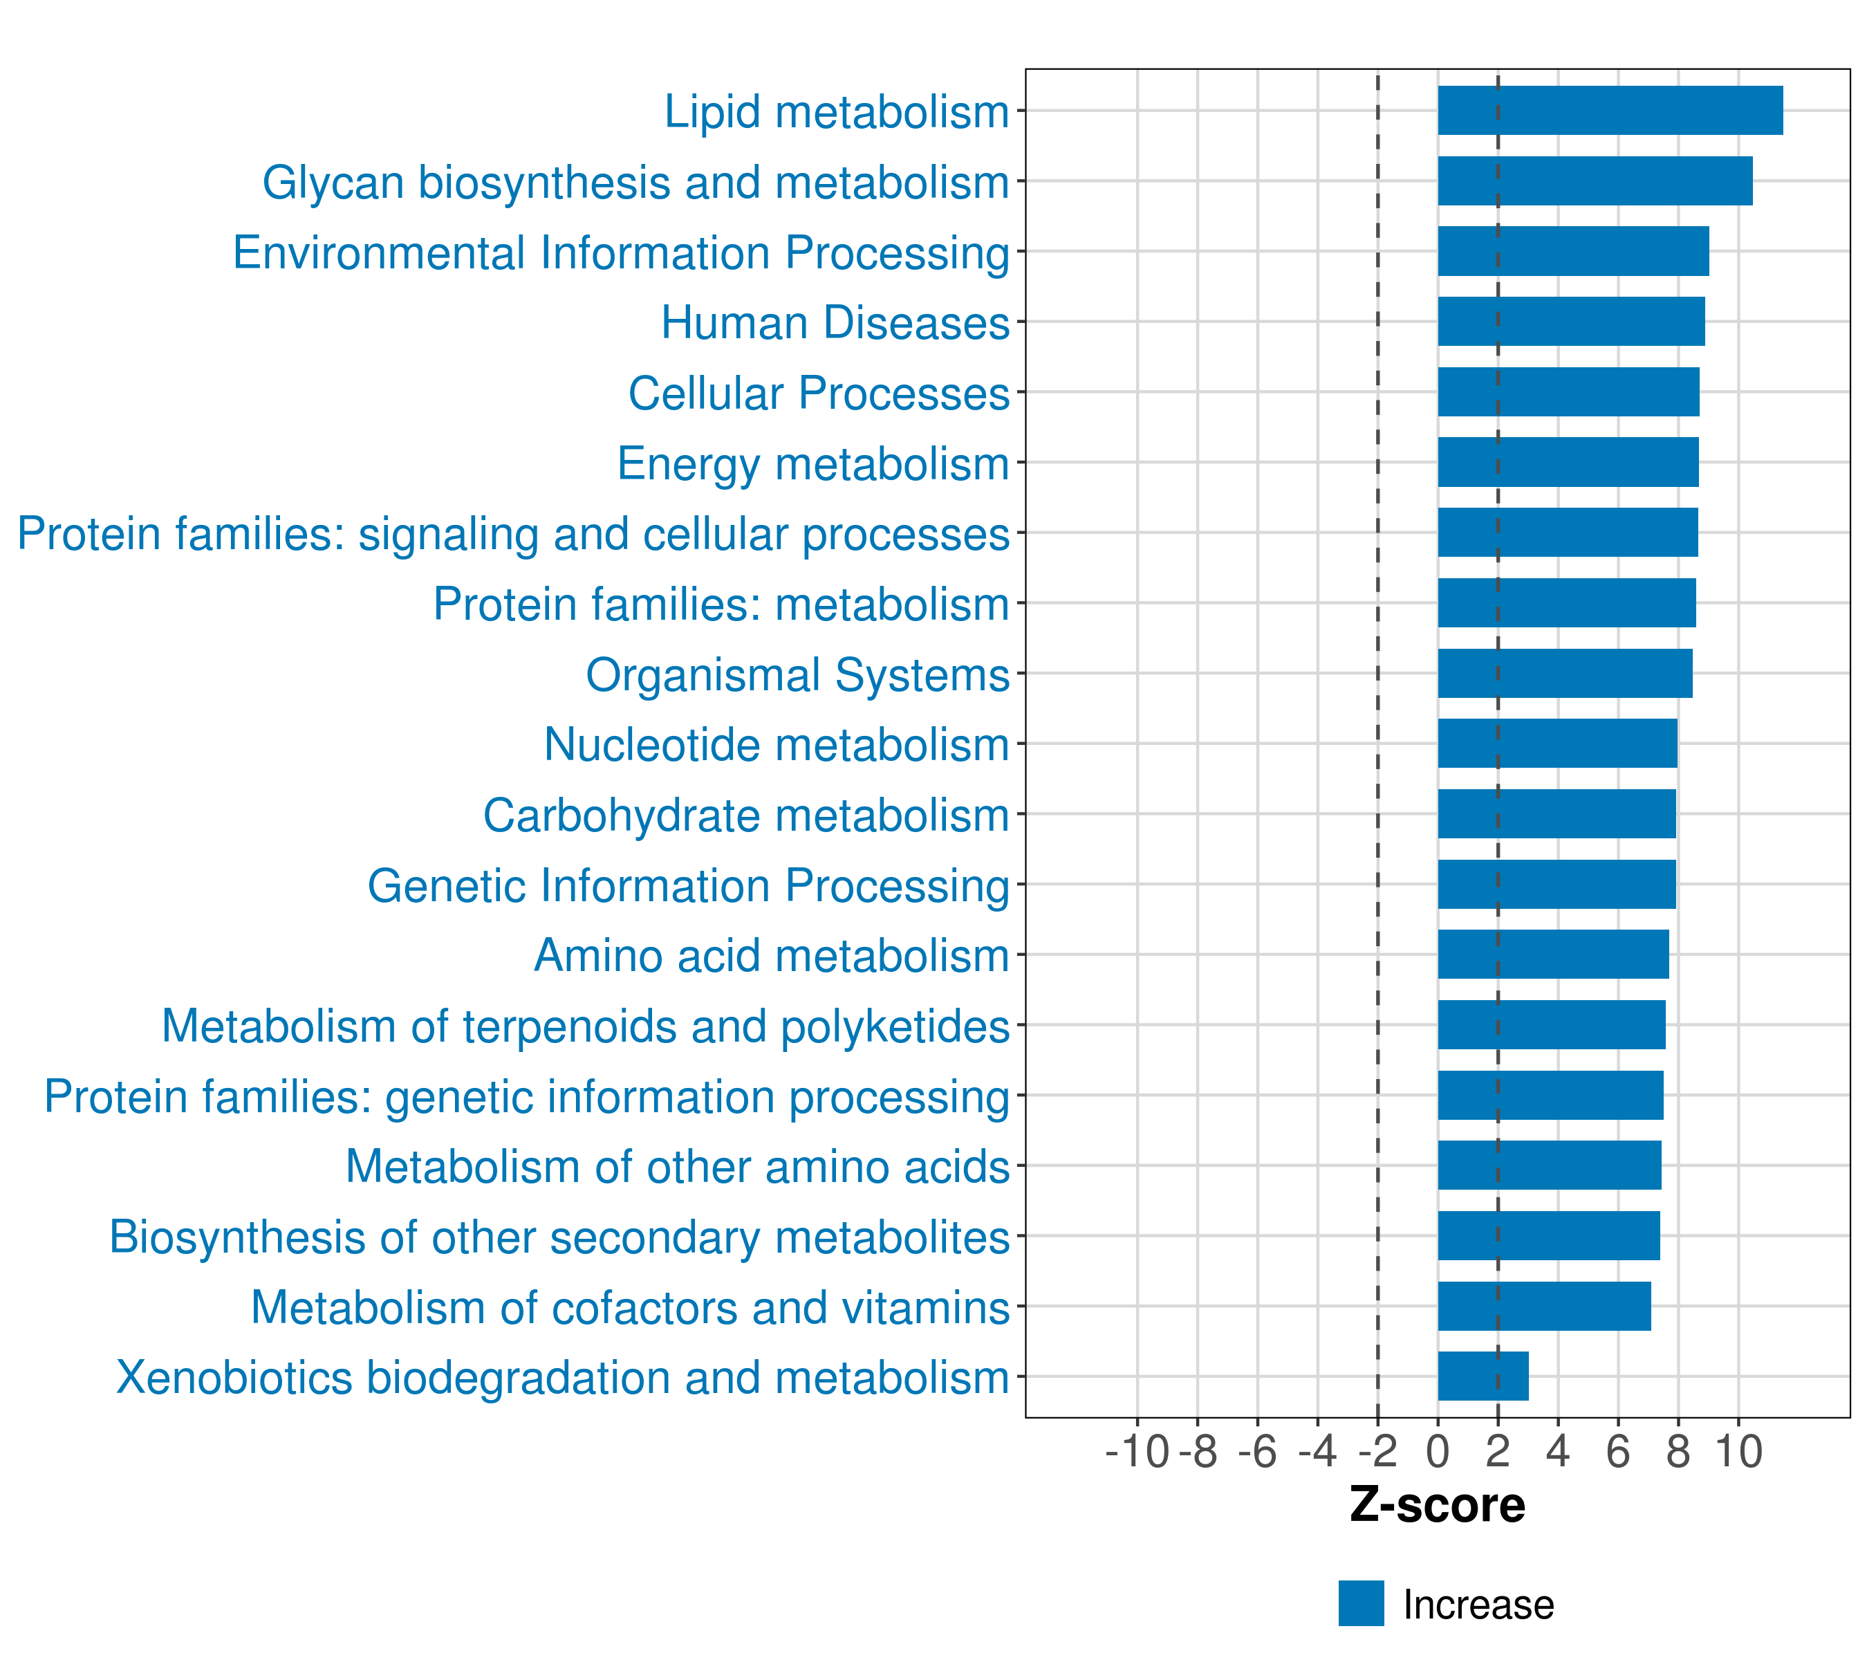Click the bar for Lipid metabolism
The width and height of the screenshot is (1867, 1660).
pos(1609,111)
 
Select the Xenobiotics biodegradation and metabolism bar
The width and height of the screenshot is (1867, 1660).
pos(1483,1376)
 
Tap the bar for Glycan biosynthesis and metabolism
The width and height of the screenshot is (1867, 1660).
pos(1595,181)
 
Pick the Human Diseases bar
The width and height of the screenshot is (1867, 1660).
pos(1571,322)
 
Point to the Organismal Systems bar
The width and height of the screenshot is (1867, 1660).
pos(1565,673)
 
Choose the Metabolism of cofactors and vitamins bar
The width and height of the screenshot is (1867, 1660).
pos(1543,1306)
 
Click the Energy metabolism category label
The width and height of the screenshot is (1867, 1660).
pos(813,463)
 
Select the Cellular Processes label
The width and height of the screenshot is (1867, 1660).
pos(819,393)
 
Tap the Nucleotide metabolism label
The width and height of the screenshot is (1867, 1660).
pos(777,744)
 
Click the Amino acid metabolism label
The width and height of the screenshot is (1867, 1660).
pos(772,956)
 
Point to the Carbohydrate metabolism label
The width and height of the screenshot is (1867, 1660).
pos(746,815)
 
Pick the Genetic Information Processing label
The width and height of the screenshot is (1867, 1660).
pos(689,885)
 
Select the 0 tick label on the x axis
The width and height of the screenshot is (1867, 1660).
pos(1438,1452)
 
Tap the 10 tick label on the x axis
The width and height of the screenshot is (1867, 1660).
pos(1738,1452)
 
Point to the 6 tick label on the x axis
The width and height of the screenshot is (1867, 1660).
pos(1617,1452)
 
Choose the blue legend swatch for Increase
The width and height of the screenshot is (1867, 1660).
pos(1361,1603)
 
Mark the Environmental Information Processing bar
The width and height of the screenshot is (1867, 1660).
pos(1573,251)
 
